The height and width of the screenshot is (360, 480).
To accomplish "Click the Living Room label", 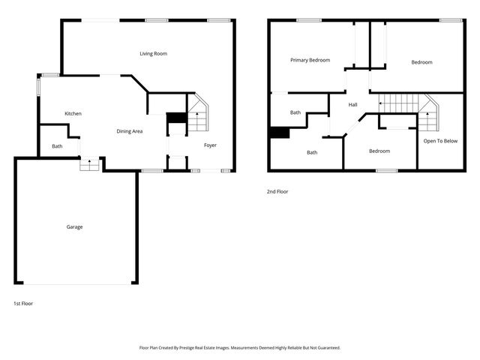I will coord(153,54).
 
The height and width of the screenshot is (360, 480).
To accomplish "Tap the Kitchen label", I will coord(73,113).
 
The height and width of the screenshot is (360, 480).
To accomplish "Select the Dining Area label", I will coord(130,131).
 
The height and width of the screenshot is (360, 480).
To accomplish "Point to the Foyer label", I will coord(210,145).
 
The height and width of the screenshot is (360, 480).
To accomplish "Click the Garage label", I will coord(74,226).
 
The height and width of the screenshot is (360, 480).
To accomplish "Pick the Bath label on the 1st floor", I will coord(57,146).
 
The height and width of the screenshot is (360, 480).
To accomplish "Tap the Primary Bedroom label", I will coord(310,60).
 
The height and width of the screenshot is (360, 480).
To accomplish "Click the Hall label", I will coord(352,105).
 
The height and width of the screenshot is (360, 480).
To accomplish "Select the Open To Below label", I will coord(440,141).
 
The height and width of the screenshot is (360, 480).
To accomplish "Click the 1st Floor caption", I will coord(23,304).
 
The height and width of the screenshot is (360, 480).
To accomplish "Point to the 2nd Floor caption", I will coord(277,192).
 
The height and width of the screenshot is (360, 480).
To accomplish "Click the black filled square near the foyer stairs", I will coord(175,118).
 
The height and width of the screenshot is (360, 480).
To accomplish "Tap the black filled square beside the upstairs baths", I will coord(279,133).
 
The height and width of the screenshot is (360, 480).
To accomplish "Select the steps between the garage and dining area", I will coord(90,163).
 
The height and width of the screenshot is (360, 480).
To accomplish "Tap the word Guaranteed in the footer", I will coord(325,348).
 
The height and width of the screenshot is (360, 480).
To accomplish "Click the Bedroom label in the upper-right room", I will coord(421,62).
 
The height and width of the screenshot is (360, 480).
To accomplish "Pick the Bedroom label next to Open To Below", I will coord(379,151).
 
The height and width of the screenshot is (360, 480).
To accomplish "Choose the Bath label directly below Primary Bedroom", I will coord(295,112).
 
